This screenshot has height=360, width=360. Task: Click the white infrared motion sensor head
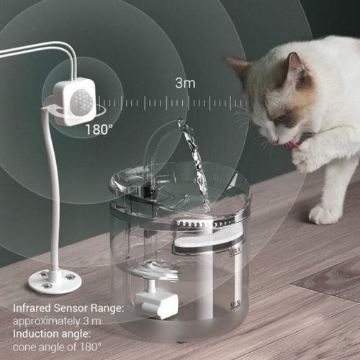tap(73, 101)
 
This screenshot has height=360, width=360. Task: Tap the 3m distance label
tap(185, 83)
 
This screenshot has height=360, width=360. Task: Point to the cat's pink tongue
tap(292, 145)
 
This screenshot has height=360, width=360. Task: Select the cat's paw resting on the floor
tap(325, 213)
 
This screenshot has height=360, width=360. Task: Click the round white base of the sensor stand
tap(54, 278)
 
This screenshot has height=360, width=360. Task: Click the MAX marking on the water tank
tap(235, 253)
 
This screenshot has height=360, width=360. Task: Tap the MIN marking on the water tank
tap(235, 305)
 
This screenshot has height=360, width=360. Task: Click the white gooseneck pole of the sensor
tap(53, 202)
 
